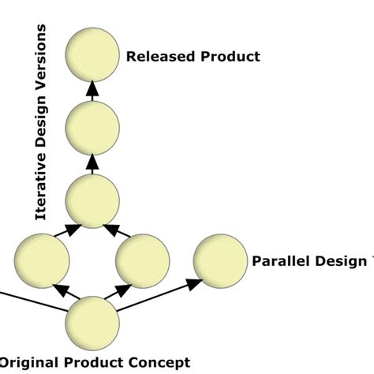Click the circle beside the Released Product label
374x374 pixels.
(x=92, y=56)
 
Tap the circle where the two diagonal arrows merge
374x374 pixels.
(x=92, y=200)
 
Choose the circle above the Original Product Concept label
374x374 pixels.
(x=92, y=323)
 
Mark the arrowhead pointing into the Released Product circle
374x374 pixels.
(x=92, y=90)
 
